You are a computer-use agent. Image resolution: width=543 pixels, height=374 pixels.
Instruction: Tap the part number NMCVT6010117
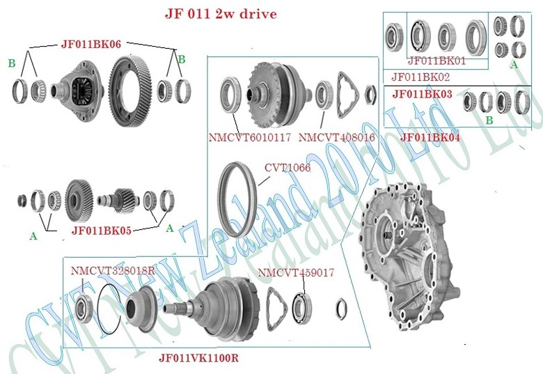(x=251, y=138)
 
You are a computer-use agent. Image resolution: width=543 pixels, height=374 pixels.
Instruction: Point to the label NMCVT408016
(x=337, y=138)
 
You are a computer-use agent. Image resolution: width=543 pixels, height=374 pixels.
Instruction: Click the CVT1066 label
(x=287, y=168)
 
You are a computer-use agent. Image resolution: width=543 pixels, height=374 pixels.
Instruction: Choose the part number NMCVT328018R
(x=113, y=270)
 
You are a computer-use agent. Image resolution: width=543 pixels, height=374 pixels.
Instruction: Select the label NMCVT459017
(x=296, y=272)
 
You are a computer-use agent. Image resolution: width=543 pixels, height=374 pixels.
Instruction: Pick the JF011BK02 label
(x=420, y=77)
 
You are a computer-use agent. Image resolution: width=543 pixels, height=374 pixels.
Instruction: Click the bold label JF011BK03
(x=422, y=93)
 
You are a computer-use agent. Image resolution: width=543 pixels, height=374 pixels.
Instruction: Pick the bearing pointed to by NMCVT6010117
(x=230, y=93)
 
